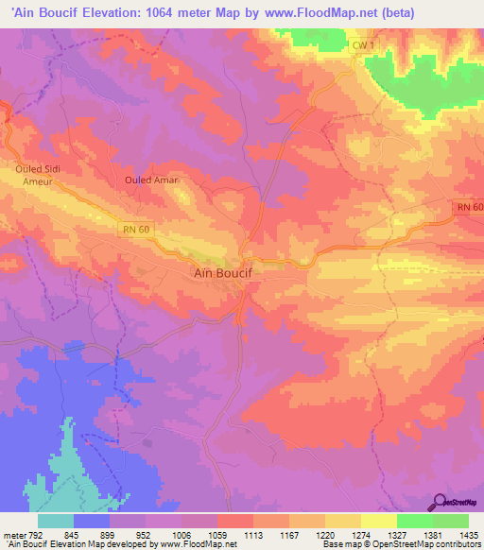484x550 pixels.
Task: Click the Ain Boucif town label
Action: (x=215, y=273)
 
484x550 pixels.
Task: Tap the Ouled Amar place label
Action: (x=151, y=179)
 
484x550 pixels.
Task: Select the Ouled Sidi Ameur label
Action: (x=38, y=175)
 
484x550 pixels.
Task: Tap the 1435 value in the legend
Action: (x=469, y=536)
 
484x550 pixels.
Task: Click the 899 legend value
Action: (x=110, y=536)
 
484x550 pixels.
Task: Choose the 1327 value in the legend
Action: (x=397, y=536)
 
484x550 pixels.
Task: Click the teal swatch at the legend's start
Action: (x=56, y=521)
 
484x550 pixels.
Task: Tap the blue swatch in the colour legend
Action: (x=92, y=521)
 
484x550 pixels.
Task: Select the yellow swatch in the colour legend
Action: (x=379, y=521)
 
